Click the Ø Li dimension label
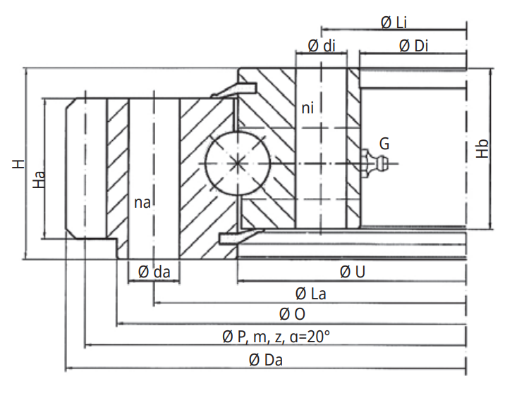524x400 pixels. click(394, 23)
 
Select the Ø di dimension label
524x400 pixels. click(322, 46)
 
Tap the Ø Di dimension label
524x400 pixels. click(413, 46)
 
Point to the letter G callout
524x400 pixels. click(384, 144)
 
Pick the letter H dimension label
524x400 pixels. click(18, 164)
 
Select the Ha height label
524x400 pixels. click(39, 180)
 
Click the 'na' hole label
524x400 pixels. click(142, 203)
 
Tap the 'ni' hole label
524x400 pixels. click(307, 108)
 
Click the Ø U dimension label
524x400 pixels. click(352, 271)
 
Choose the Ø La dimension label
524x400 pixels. click(310, 293)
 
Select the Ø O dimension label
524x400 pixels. click(292, 313)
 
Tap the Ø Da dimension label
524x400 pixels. click(266, 360)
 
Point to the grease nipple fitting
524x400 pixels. click(374, 163)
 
